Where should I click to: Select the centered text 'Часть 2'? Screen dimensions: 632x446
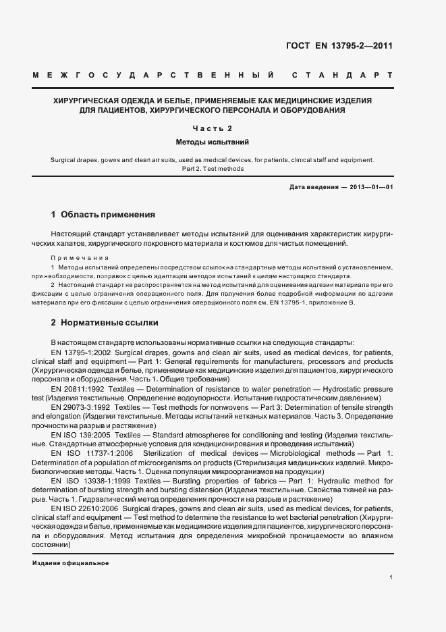click(x=213, y=128)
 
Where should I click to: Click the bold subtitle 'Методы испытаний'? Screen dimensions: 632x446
click(x=213, y=142)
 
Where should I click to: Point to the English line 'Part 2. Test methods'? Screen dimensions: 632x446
click(x=213, y=169)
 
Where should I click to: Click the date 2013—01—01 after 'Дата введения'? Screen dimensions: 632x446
click(x=371, y=186)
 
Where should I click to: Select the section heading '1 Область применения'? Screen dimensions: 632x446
click(x=103, y=215)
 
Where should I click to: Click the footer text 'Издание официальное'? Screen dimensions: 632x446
click(x=70, y=563)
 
